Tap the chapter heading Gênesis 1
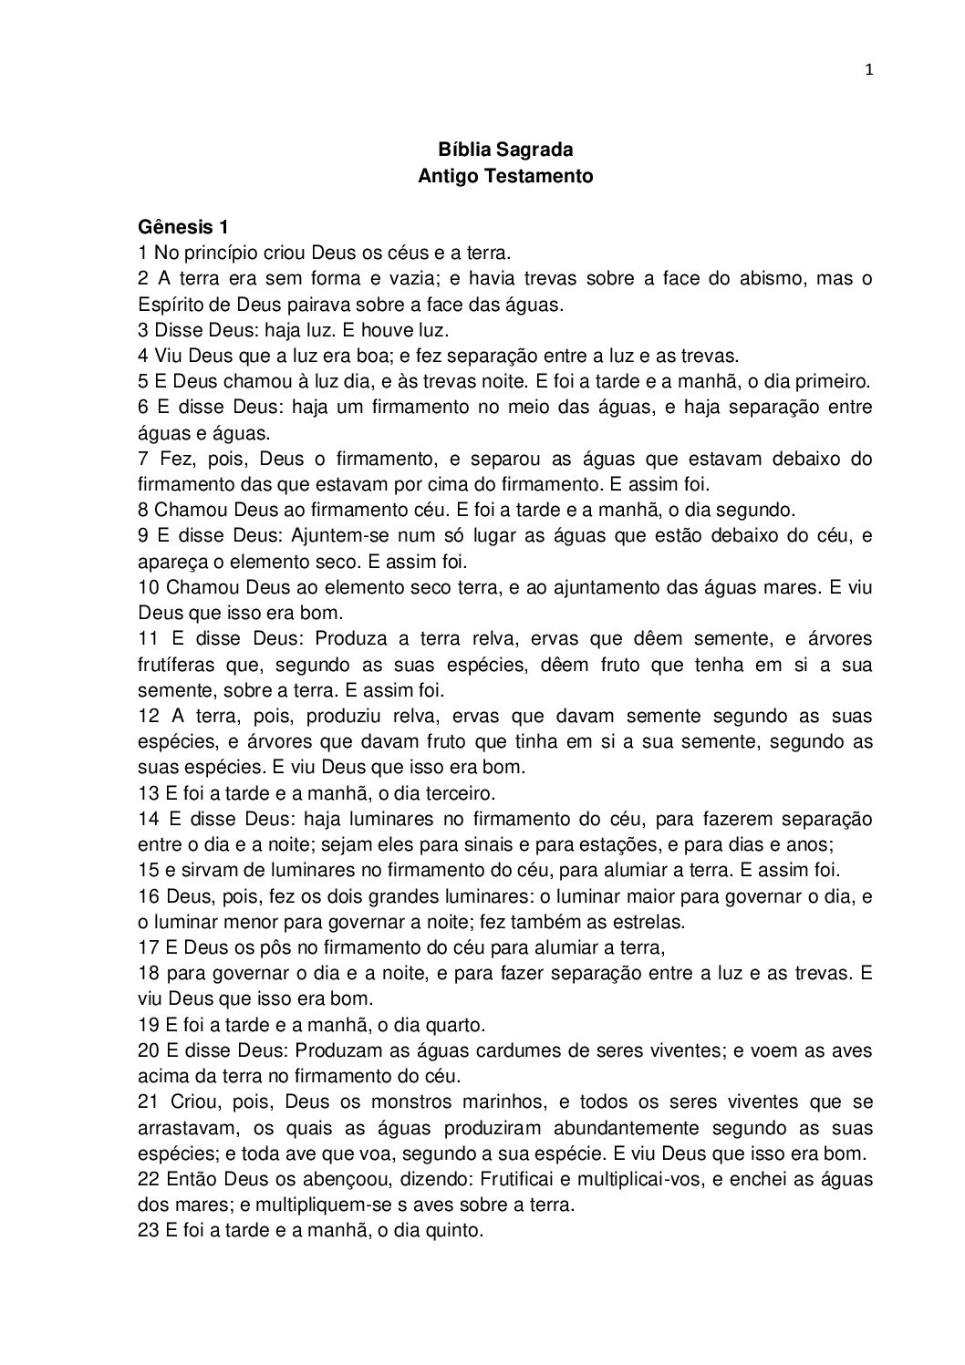click(182, 226)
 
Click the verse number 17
click(149, 946)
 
